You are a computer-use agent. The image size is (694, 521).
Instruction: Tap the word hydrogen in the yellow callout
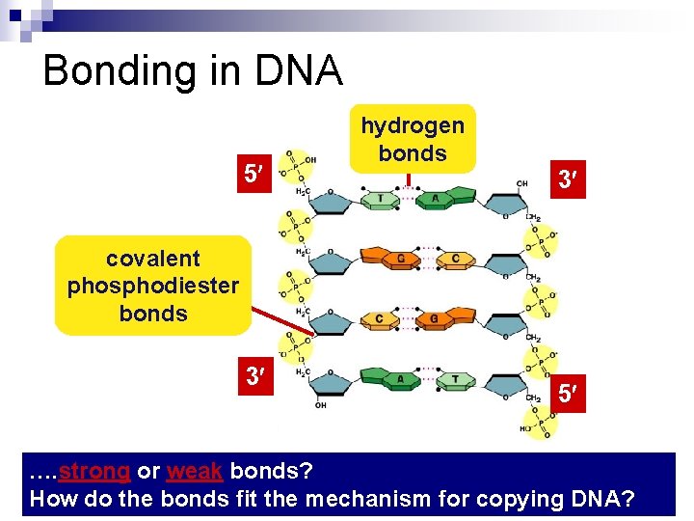[413, 125]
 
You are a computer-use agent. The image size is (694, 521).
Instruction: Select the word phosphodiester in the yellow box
[152, 287]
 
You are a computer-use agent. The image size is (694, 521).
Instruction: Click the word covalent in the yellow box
[153, 259]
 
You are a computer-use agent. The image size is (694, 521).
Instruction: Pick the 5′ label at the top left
[253, 175]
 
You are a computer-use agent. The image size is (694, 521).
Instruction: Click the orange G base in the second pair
[397, 258]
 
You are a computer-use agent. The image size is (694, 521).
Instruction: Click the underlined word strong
[94, 472]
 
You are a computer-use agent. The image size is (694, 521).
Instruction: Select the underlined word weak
[195, 472]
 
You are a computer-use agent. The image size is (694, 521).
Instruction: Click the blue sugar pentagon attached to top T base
[330, 201]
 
